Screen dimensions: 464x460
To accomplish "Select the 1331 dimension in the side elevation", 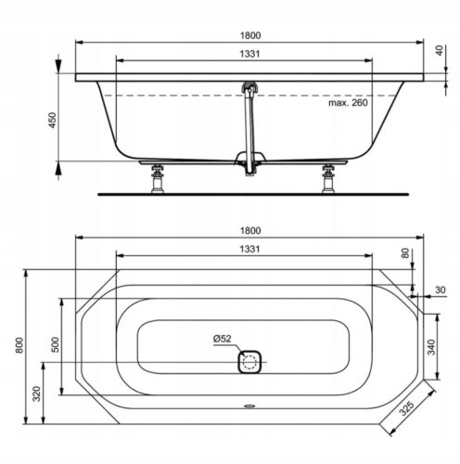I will [x=246, y=55].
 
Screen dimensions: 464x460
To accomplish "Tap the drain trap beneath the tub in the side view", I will [x=247, y=163].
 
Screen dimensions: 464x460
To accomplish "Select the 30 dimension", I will [x=440, y=290].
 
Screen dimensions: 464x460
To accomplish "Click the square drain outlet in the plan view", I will [x=249, y=360].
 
